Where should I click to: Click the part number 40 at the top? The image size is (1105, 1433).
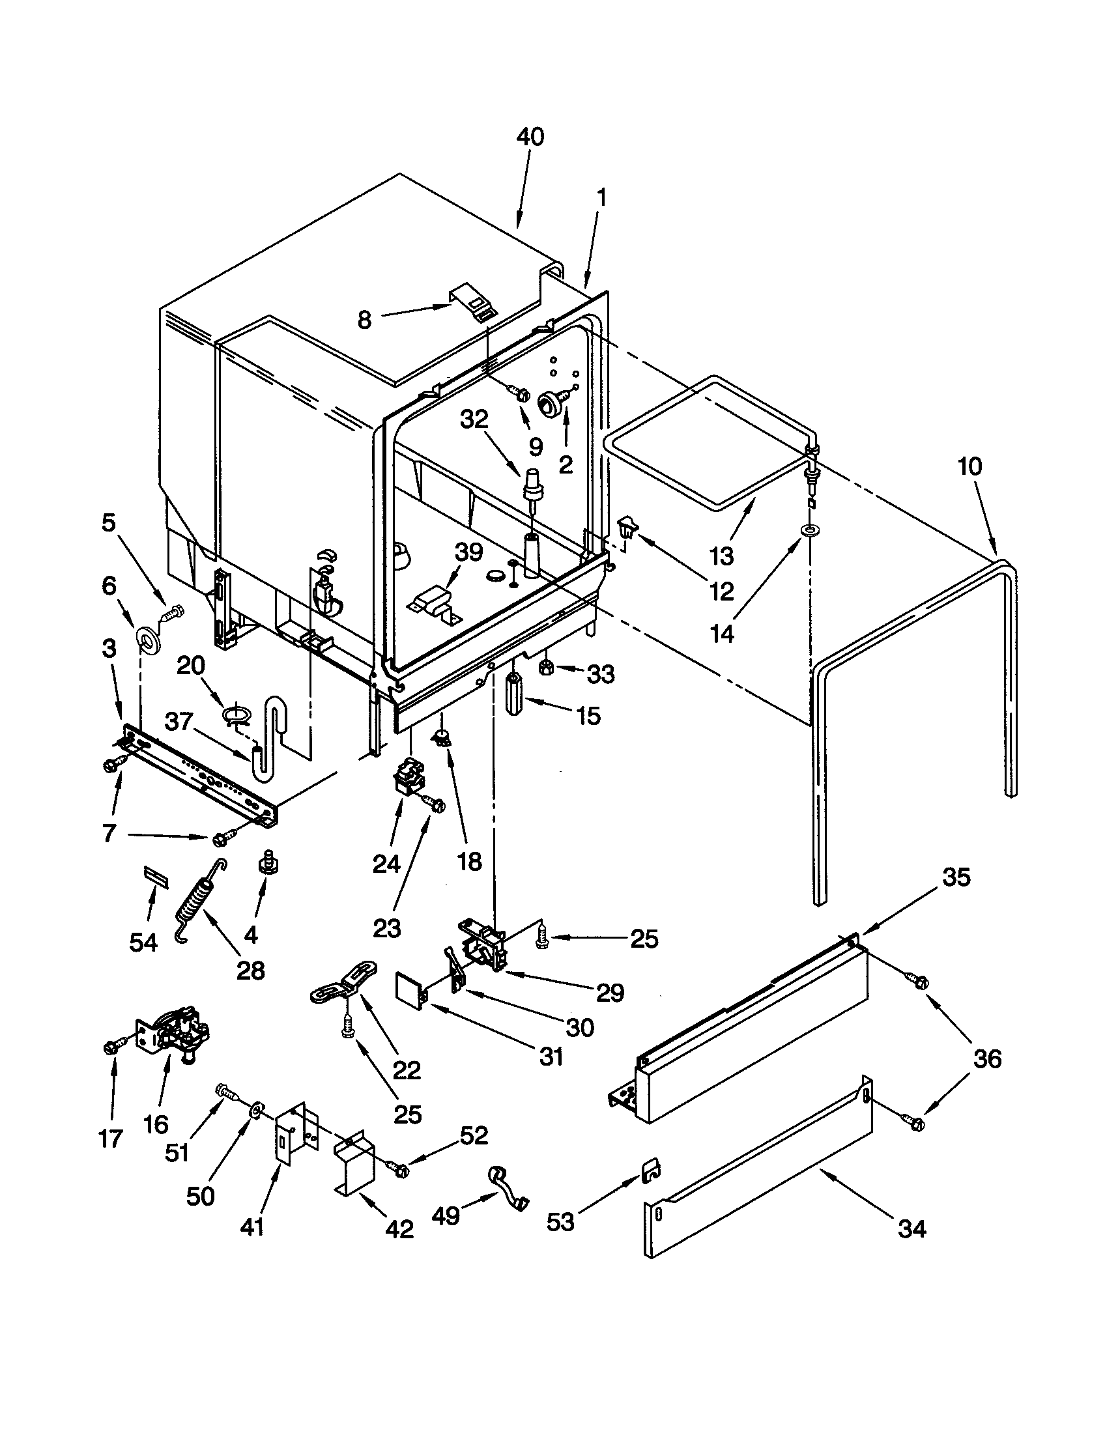coord(530,137)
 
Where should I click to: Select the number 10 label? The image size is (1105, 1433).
coord(970,466)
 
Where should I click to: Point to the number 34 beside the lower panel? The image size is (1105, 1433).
coord(911,1228)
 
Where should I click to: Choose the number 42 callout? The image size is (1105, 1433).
coord(399,1229)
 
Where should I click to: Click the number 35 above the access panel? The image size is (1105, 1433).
coord(955,877)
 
